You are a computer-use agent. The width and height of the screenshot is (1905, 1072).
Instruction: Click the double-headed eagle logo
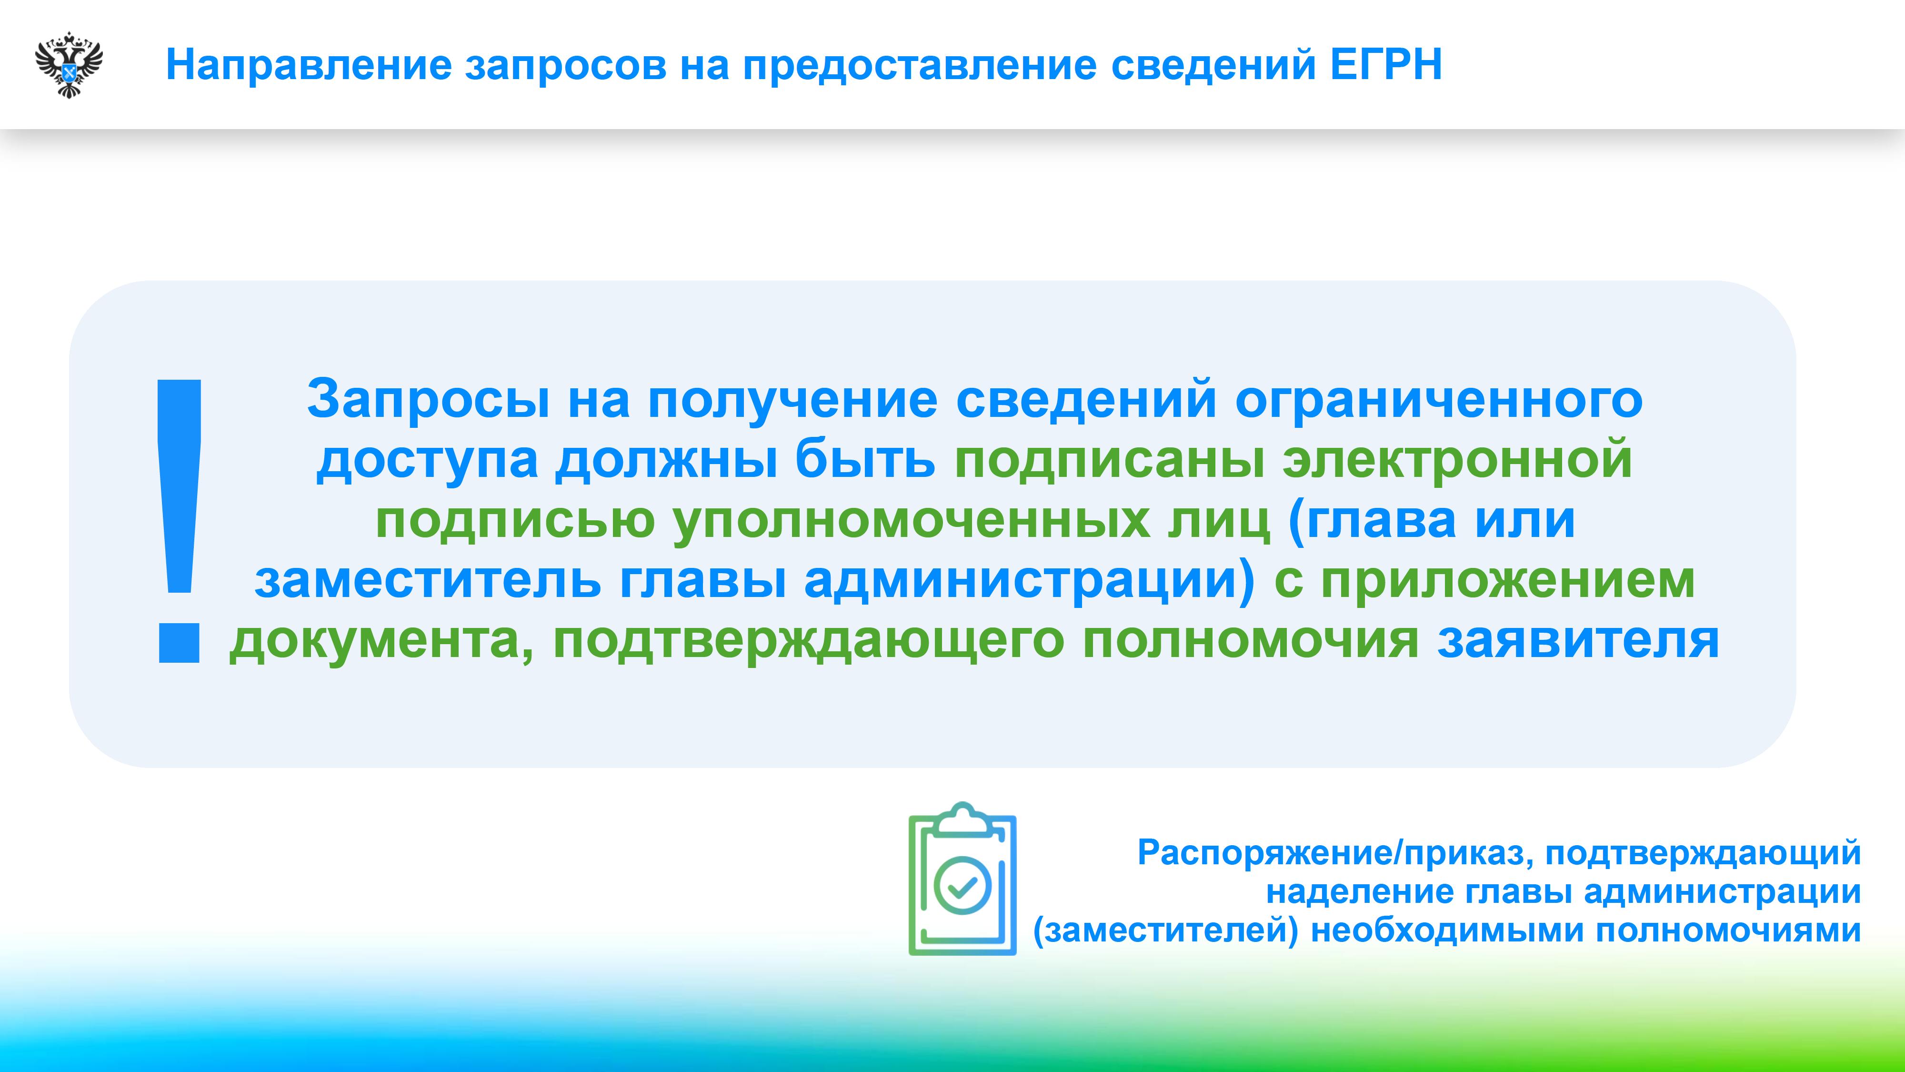coord(69,65)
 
